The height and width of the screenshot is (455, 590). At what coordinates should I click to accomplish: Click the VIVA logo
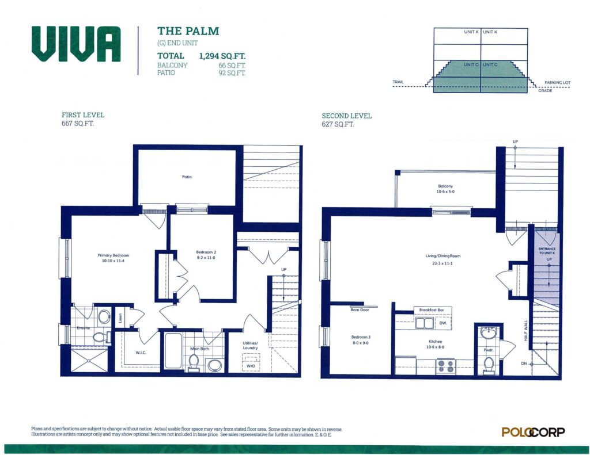point(76,44)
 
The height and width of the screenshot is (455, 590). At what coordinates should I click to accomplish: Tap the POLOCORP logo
point(533,432)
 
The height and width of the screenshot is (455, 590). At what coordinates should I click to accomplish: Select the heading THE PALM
point(188,31)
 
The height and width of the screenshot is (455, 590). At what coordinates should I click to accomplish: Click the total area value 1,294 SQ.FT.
point(222,56)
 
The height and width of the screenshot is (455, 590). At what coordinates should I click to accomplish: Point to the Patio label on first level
point(187,177)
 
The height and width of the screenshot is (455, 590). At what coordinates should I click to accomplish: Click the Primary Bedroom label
point(114,255)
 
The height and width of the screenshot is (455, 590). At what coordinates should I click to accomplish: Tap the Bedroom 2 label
point(206,252)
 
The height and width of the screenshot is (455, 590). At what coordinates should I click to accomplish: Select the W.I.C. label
point(141,353)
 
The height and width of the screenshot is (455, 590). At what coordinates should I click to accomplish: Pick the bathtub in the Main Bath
point(173,350)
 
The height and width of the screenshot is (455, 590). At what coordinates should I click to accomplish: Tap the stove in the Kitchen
point(445,366)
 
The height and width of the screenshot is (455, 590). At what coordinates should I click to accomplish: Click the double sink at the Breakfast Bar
point(425,323)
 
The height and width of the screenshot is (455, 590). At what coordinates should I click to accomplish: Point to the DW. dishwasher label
point(443,323)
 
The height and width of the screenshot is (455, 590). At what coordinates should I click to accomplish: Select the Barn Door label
point(360,310)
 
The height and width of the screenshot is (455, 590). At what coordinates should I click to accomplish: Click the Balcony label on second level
point(445,186)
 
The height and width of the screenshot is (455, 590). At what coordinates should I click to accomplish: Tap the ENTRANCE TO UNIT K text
point(547,251)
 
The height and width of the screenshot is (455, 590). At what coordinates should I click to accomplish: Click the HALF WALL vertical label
point(526,331)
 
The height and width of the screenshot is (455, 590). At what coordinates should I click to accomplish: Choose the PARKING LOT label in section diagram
point(557,83)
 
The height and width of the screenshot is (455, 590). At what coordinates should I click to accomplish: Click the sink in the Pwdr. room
point(489,333)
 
